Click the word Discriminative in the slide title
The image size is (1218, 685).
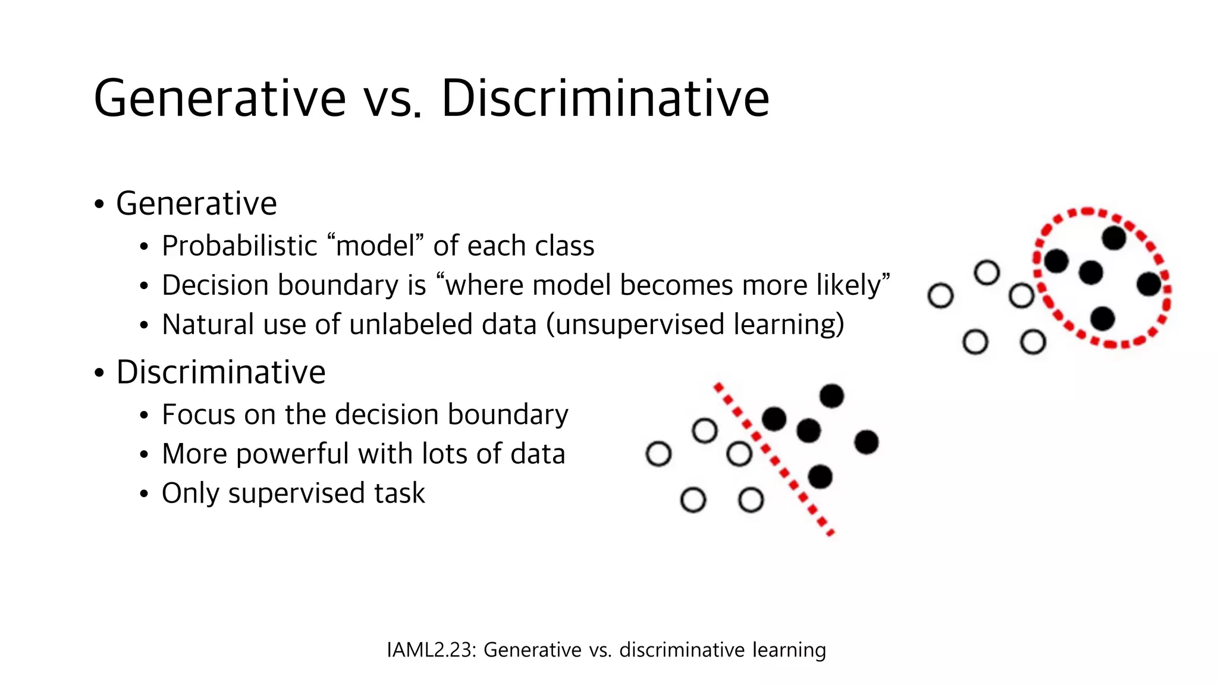coord(605,98)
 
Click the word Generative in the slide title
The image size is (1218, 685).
coord(219,98)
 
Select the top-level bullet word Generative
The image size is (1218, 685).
coord(196,203)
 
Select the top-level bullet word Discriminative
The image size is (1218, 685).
coord(221,372)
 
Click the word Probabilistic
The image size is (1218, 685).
coord(240,246)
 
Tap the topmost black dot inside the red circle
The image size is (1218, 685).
coord(1113,238)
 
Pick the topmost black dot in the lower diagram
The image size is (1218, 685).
coord(831,395)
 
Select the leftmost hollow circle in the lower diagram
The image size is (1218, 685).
coord(658,454)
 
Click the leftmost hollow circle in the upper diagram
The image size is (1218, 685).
coord(940,296)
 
